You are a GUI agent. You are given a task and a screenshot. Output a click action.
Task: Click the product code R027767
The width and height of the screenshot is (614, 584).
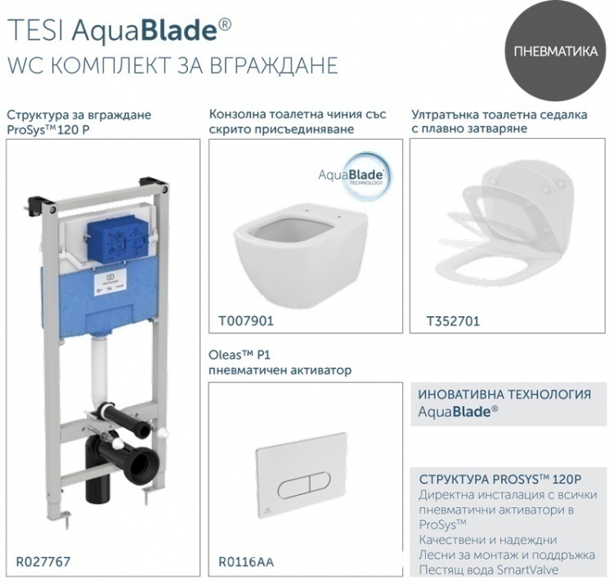(x=43, y=562)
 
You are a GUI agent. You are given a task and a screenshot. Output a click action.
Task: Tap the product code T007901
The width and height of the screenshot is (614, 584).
(x=246, y=321)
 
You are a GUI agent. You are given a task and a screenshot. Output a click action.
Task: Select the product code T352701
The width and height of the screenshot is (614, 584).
(x=453, y=321)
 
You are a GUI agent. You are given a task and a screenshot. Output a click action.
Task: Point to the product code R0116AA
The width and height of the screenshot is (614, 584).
(x=246, y=562)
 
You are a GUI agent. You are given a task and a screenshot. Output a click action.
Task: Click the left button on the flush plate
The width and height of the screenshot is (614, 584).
(x=294, y=484)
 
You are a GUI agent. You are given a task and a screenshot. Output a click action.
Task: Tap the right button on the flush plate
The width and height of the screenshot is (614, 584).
(x=320, y=484)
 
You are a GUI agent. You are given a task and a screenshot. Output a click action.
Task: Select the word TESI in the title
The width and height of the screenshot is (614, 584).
(x=35, y=30)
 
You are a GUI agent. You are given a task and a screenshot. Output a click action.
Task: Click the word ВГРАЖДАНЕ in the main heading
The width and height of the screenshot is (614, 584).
(x=273, y=65)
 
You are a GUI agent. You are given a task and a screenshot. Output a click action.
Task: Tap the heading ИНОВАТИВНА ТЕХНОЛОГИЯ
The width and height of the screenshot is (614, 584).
(x=504, y=395)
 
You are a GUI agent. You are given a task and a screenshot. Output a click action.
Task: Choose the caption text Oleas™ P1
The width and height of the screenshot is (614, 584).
(x=240, y=355)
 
